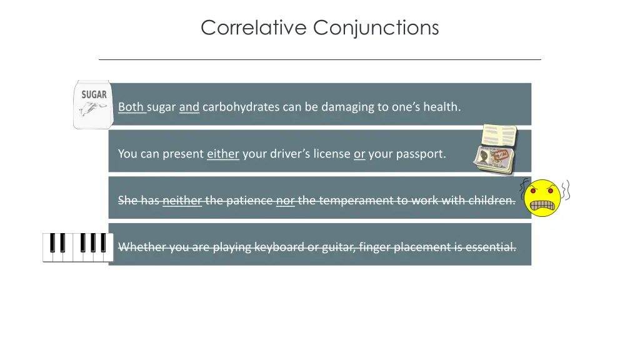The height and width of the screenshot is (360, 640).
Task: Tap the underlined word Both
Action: (x=131, y=107)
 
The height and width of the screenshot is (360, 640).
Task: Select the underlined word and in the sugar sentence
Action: (x=189, y=107)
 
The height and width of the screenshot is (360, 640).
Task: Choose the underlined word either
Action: (x=223, y=154)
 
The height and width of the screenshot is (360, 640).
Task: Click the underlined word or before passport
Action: (x=359, y=154)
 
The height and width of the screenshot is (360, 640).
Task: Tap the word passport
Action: (x=407, y=154)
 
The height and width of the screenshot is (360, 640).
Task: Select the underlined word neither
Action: (x=182, y=201)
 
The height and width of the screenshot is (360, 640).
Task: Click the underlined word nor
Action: (x=285, y=201)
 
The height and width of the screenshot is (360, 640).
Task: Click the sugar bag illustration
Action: (x=92, y=104)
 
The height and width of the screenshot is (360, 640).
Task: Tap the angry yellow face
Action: (x=542, y=198)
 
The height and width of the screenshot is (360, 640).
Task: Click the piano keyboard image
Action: (x=78, y=247)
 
